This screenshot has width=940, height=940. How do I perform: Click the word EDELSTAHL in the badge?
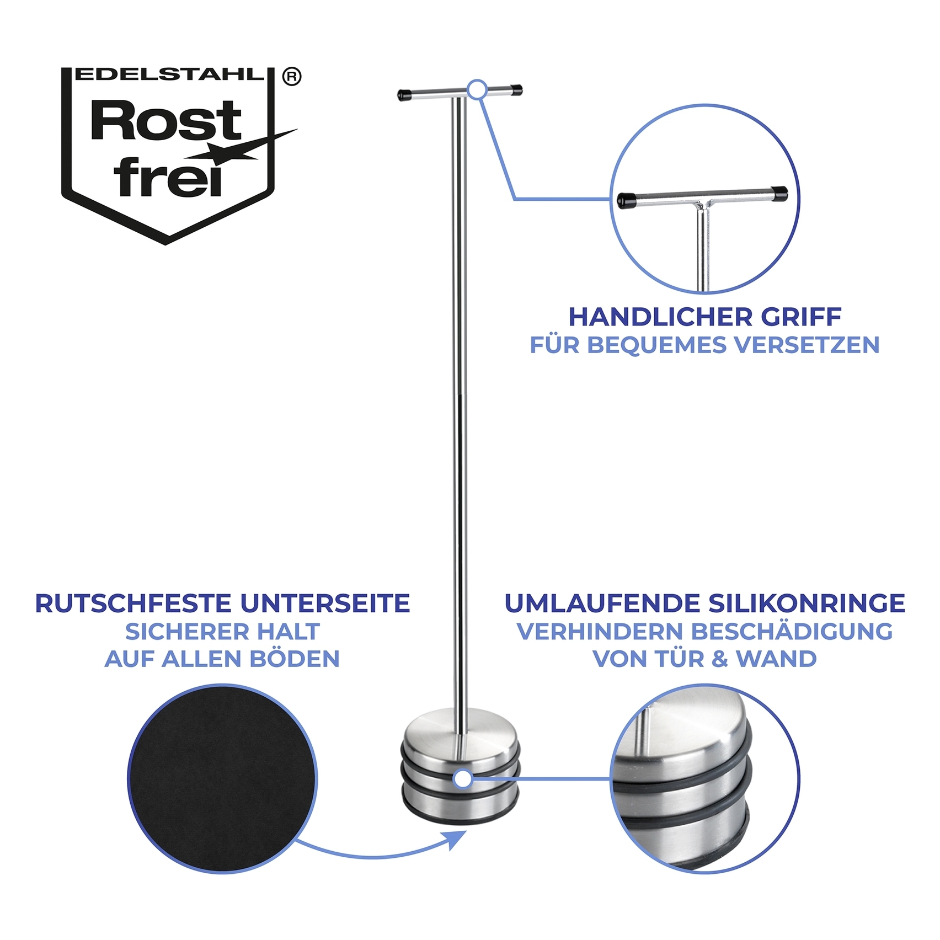click(169, 75)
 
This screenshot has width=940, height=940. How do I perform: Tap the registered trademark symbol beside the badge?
click(292, 77)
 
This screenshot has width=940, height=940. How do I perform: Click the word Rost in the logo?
click(165, 121)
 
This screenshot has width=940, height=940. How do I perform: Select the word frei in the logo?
click(168, 178)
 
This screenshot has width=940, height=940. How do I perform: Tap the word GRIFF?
click(801, 317)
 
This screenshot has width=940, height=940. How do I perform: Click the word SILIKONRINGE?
click(807, 603)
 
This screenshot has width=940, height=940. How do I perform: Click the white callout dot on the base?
click(463, 779)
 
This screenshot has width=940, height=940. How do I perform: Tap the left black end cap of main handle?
click(405, 94)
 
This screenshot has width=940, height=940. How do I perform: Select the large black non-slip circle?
click(222, 778)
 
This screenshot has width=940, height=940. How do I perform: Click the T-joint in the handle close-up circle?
click(702, 205)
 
